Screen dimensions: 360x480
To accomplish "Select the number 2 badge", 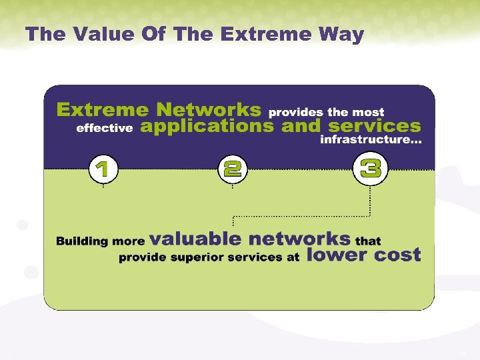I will pyautogui.click(x=232, y=169).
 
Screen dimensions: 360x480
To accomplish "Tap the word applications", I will pyautogui.click(x=207, y=127).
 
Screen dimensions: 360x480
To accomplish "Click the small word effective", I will pyautogui.click(x=105, y=129).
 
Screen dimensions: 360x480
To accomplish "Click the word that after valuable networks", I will pyautogui.click(x=369, y=241).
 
